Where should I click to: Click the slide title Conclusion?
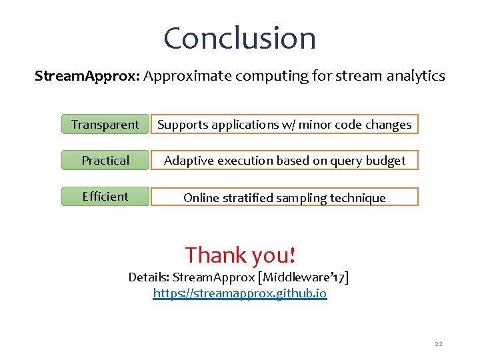click(239, 38)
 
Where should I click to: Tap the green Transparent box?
click(105, 125)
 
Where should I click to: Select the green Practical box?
click(105, 161)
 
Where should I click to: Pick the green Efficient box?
click(105, 197)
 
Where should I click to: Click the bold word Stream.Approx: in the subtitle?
click(87, 76)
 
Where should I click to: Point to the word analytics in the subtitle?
click(418, 76)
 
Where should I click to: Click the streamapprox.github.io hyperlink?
click(240, 293)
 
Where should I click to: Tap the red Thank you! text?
click(240, 255)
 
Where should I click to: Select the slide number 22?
click(438, 344)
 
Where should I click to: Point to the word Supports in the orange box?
click(182, 125)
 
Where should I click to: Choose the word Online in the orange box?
click(201, 198)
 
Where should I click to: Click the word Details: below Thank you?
click(149, 277)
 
